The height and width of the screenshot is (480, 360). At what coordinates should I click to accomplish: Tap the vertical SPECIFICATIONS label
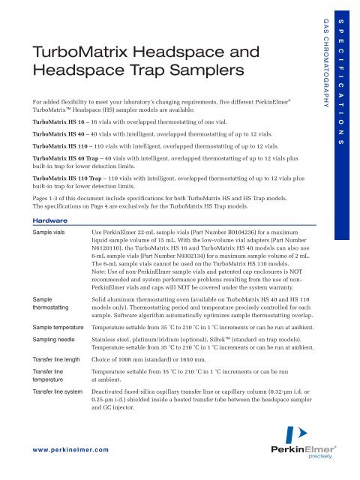point(344,76)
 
